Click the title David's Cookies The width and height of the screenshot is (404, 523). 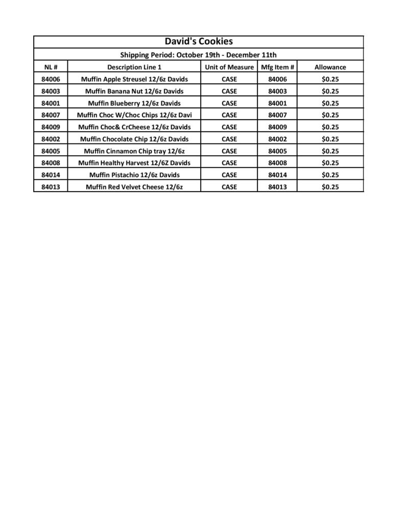coord(198,42)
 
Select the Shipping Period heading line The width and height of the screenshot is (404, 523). coord(198,55)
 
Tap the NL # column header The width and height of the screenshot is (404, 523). coord(51,67)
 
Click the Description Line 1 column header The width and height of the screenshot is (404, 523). coord(134,67)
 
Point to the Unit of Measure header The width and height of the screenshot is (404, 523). coord(229,67)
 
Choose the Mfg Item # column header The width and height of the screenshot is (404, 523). coord(277,67)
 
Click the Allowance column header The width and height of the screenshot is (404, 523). coord(330,67)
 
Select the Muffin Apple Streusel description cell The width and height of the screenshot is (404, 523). coord(134,79)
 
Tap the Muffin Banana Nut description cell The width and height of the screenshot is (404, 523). coord(134,91)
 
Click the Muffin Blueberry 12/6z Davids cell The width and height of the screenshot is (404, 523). coord(134,103)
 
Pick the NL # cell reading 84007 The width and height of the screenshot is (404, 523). coord(51,115)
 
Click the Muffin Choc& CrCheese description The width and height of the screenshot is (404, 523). coord(134,127)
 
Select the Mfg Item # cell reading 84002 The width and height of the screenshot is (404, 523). coord(277,139)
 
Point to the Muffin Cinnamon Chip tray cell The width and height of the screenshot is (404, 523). coord(134,151)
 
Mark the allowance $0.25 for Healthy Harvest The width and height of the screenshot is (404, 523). coord(330,163)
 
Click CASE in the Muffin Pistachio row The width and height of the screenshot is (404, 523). coord(229,175)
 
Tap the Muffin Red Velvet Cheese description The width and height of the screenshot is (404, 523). coord(134,187)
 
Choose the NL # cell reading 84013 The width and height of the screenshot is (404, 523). coord(51,187)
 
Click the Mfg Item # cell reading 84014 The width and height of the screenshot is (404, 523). coord(277,175)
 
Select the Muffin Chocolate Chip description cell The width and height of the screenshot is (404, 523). coord(134,139)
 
